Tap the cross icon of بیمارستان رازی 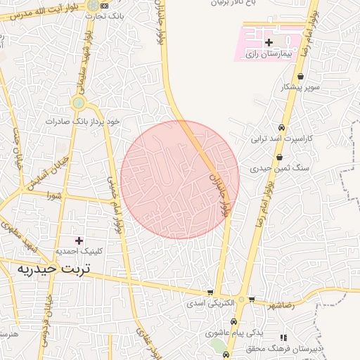click(x=269, y=44)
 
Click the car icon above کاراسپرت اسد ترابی click(x=282, y=128)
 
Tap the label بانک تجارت click(x=109, y=15)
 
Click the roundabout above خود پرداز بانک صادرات click(x=79, y=103)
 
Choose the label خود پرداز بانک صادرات click(x=83, y=121)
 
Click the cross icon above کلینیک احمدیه click(x=79, y=241)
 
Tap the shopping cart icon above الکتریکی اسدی click(x=210, y=292)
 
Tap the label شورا click(x=53, y=194)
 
